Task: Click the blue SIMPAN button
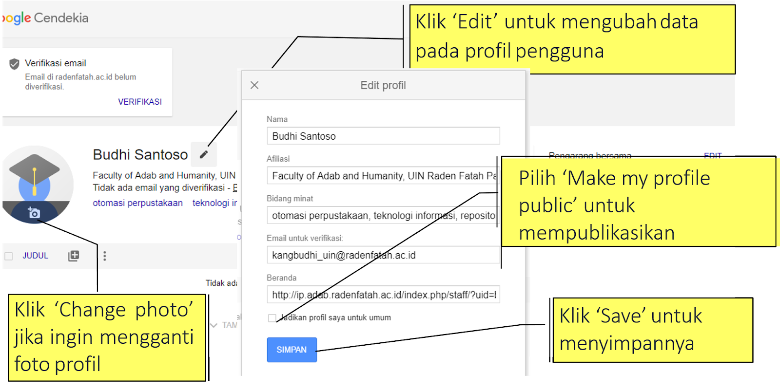point(292,350)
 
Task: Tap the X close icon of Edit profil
point(254,85)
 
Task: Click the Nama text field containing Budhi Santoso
point(383,136)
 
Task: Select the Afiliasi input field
point(383,176)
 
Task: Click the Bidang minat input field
point(383,215)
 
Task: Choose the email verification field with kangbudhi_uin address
point(383,255)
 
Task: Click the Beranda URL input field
point(383,295)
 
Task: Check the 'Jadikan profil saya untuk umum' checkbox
point(272,318)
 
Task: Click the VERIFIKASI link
point(139,102)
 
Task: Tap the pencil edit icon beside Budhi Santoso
point(204,154)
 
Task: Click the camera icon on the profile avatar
point(34,213)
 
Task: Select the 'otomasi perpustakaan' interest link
point(137,203)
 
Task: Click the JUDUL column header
point(35,256)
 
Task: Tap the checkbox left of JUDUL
point(9,256)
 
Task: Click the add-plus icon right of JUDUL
point(74,256)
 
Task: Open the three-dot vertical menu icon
point(105,256)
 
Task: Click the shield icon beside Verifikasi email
point(15,64)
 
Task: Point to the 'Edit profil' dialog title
point(383,85)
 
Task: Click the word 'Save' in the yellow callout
point(624,316)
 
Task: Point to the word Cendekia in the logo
point(61,18)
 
